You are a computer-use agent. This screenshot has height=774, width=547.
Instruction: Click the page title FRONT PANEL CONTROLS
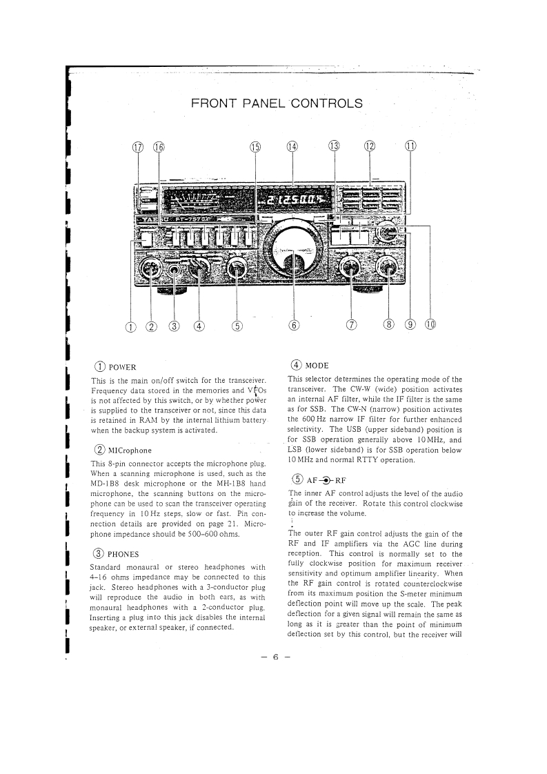click(x=276, y=104)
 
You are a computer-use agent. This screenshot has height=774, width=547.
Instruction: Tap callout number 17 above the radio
click(x=139, y=147)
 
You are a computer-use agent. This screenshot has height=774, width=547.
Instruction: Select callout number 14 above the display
click(x=292, y=147)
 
